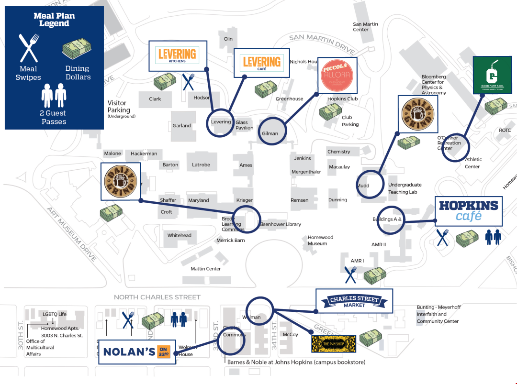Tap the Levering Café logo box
(x=261, y=63)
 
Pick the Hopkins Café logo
(x=468, y=211)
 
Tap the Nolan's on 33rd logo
(x=137, y=352)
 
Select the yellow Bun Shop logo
(x=334, y=344)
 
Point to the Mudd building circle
(x=370, y=184)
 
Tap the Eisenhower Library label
(x=280, y=224)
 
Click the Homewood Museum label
(x=320, y=241)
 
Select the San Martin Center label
(x=365, y=27)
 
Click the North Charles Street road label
(x=157, y=297)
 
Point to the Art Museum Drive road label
(x=72, y=234)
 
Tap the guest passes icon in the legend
(x=54, y=96)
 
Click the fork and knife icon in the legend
(x=29, y=48)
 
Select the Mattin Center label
(x=206, y=269)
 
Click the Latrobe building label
(x=201, y=165)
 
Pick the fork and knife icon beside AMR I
(x=350, y=274)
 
